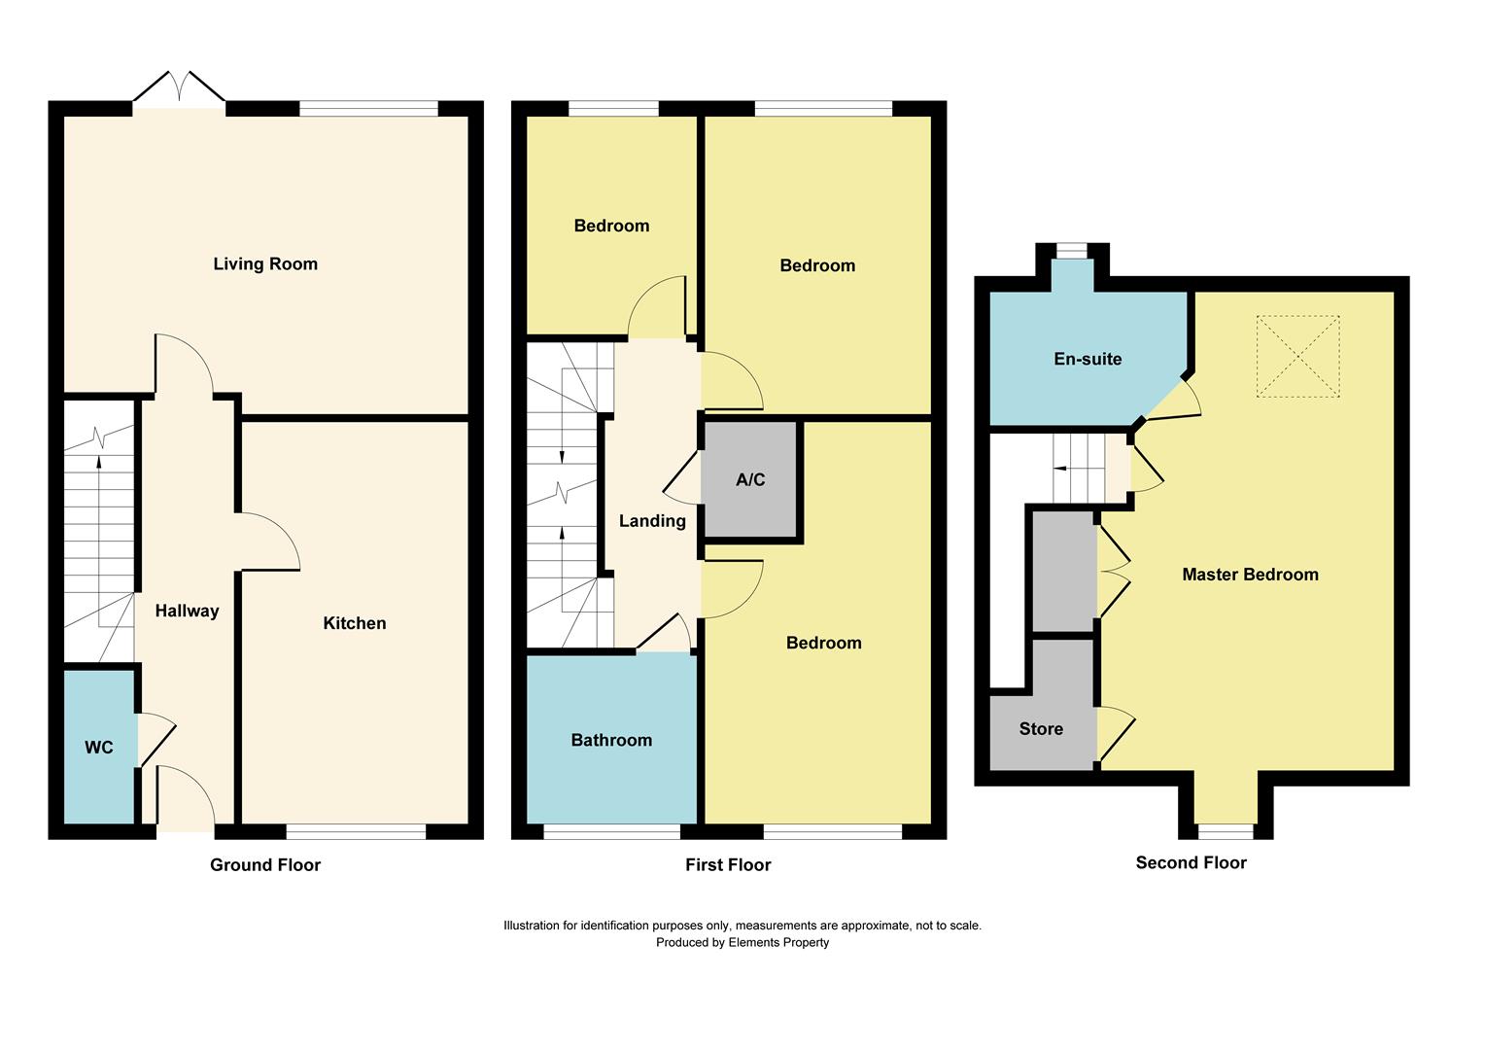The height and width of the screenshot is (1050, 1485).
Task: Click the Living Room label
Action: click(x=265, y=263)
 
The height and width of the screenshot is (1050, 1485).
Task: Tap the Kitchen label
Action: click(x=354, y=623)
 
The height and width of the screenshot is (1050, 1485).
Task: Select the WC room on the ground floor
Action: click(x=99, y=747)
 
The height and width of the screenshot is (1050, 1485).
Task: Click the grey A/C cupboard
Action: click(x=750, y=479)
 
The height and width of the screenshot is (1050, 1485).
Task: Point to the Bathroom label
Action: click(x=611, y=740)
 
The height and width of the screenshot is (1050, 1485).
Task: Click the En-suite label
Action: click(x=1088, y=359)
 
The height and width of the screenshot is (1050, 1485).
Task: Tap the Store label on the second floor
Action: click(x=1041, y=728)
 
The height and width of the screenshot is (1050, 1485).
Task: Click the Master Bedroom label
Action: click(x=1250, y=575)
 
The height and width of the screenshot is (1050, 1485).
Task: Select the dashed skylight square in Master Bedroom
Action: click(x=1297, y=356)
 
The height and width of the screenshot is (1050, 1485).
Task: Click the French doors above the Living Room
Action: click(x=180, y=89)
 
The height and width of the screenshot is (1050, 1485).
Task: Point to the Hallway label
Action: click(x=187, y=611)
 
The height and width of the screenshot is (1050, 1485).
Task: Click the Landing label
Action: click(x=652, y=521)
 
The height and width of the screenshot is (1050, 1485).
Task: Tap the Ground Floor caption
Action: click(x=265, y=864)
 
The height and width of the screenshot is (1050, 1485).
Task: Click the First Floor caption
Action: click(x=728, y=864)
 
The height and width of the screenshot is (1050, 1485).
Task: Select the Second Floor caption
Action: click(x=1191, y=862)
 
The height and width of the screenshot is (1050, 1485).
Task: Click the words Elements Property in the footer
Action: click(x=778, y=942)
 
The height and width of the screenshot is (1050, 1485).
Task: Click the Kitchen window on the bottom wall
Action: click(x=356, y=831)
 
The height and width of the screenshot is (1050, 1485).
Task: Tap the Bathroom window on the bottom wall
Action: click(x=611, y=831)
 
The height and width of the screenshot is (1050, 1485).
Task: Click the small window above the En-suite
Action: click(x=1072, y=251)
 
